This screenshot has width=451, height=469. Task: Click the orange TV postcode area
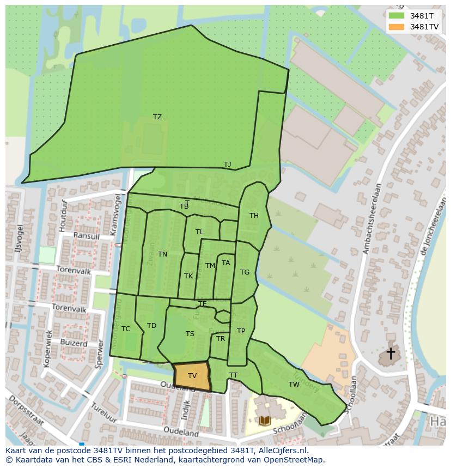[192, 376]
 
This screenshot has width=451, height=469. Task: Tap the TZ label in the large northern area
[157, 117]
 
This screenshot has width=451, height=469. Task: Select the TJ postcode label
[227, 165]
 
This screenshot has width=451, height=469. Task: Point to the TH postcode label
[254, 216]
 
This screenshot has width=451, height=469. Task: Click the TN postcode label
[162, 254]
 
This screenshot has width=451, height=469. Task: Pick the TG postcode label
[245, 272]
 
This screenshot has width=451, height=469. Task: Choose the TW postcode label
[294, 385]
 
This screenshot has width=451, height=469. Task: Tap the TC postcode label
[126, 329]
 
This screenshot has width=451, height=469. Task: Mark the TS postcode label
[190, 334]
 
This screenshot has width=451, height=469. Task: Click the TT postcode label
[233, 375]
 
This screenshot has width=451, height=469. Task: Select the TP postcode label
[241, 331]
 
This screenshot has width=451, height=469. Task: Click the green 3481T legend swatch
[397, 16]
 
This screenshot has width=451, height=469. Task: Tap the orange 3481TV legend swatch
[397, 27]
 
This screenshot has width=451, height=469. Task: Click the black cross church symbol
[391, 354]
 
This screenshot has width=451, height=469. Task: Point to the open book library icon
[265, 421]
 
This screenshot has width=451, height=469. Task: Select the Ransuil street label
[86, 236]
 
